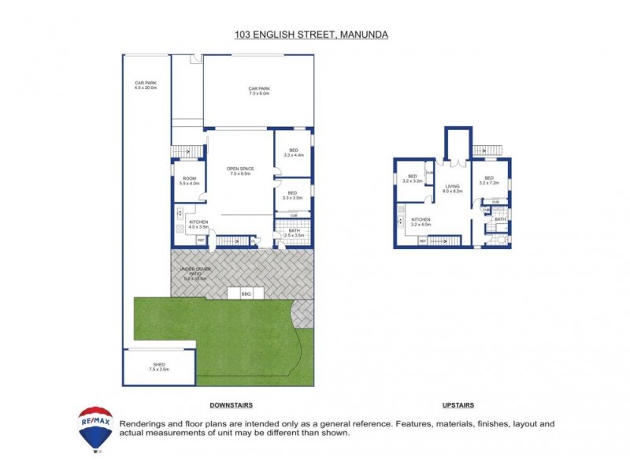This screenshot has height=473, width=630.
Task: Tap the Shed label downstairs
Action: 158,367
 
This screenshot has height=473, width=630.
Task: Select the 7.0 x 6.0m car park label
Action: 259,91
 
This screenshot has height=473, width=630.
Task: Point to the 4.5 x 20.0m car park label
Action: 146,86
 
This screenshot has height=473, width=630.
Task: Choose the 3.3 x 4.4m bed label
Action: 293,152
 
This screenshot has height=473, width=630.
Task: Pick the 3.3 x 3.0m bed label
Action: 292,196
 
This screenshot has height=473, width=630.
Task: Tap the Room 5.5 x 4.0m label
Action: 189,181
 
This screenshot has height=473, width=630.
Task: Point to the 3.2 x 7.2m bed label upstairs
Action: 488,181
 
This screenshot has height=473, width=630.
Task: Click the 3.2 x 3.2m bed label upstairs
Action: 412,179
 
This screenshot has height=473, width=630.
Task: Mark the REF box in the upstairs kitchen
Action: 423,240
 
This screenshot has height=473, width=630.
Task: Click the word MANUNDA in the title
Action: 365,35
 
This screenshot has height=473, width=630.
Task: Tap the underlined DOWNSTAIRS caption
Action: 230,405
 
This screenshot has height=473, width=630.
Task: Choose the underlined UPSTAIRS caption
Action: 458,405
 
